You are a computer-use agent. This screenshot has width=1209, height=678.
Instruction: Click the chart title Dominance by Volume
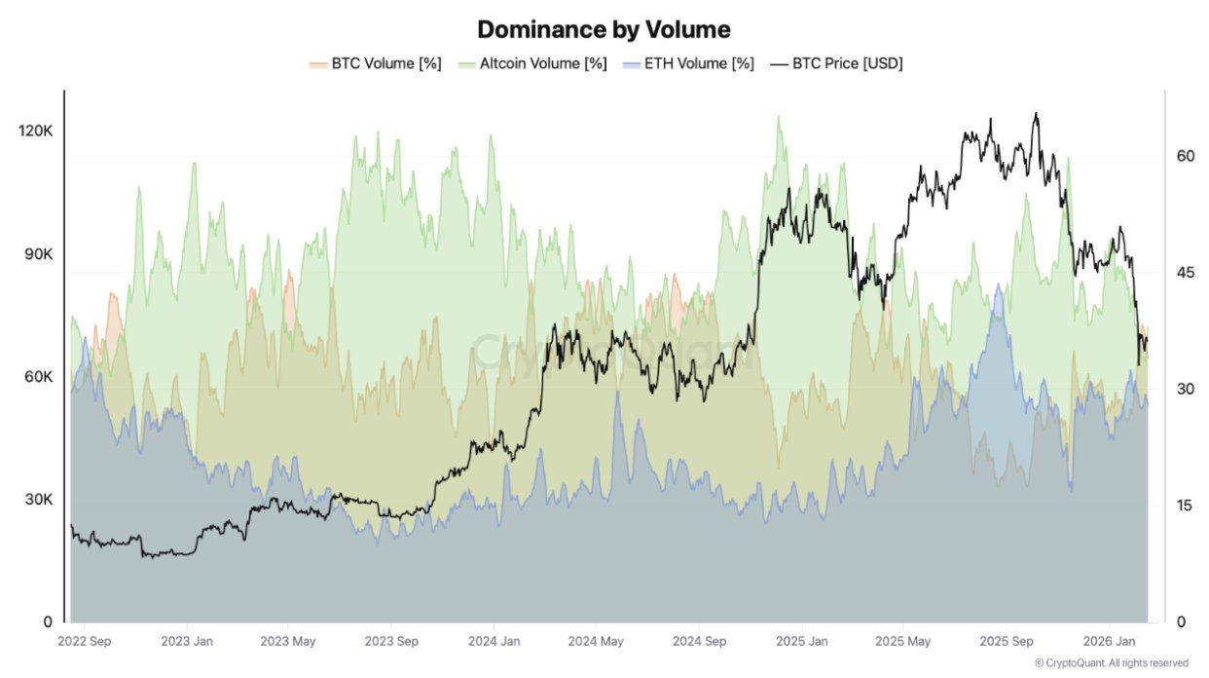click(x=604, y=29)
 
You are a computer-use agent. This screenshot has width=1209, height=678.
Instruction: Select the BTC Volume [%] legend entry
click(x=376, y=63)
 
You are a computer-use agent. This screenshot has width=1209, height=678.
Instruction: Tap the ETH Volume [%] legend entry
click(x=687, y=63)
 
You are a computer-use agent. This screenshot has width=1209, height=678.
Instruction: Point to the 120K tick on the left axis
click(x=36, y=131)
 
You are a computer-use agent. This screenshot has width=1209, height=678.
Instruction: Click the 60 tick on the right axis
click(x=1185, y=156)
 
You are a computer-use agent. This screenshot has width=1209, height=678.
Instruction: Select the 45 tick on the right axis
click(x=1185, y=272)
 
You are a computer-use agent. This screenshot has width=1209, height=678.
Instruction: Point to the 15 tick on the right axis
click(x=1185, y=505)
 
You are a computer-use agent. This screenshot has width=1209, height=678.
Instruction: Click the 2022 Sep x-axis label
click(x=84, y=642)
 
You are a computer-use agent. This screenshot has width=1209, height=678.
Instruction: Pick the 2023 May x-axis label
click(x=288, y=642)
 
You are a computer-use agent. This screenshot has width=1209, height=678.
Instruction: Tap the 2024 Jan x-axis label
click(x=494, y=642)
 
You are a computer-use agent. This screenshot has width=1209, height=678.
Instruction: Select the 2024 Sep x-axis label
click(x=699, y=642)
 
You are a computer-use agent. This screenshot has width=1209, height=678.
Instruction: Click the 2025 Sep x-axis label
click(x=1007, y=642)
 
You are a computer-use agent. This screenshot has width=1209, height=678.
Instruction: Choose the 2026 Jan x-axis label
click(x=1112, y=642)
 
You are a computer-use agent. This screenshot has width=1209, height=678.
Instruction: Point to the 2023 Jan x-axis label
click(x=187, y=642)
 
